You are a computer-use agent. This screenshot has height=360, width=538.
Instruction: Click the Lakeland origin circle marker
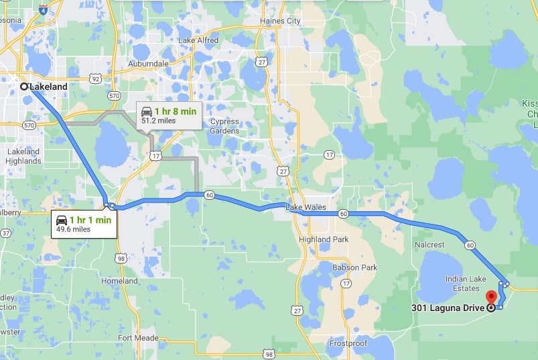coord(24,86)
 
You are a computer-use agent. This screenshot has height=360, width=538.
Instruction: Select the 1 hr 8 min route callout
coord(168,115)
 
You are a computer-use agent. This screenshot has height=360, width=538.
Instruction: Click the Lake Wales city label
coord(306,207)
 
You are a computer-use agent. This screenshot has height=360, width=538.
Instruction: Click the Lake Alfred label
coord(198,40)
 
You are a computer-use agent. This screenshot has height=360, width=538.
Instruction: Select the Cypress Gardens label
coord(224,126)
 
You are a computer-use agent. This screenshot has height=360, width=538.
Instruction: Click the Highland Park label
coord(324,239)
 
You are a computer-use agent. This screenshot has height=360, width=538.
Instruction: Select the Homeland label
coord(119,281)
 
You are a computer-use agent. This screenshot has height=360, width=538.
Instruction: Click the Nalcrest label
coord(429,245)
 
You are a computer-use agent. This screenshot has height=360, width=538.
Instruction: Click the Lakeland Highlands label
coord(23,156)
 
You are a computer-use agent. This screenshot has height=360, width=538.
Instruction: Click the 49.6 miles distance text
coord(73,229)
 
